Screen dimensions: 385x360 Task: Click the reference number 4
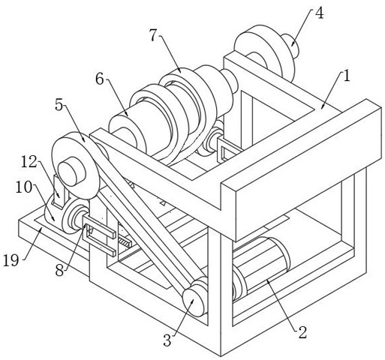[319, 13]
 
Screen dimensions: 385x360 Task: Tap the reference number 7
[154, 35]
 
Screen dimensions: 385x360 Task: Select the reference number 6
[100, 79]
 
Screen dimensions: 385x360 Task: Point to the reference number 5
[59, 105]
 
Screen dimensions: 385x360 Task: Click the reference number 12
[29, 162]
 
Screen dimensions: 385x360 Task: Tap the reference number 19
[11, 260]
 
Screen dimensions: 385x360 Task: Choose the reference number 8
[59, 271]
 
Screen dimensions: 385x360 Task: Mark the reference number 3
[167, 340]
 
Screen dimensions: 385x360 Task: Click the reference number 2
[302, 332]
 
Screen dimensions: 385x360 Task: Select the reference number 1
[347, 76]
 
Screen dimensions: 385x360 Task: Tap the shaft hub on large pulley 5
[72, 172]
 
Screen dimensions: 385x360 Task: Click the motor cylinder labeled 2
[261, 268]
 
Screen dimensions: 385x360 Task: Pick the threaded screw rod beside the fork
[124, 242]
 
